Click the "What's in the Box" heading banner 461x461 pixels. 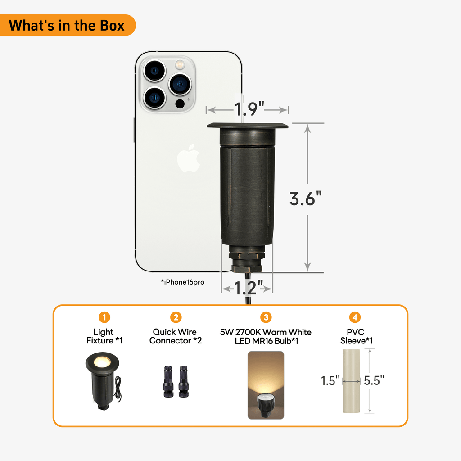67,25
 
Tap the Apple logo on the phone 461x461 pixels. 189,158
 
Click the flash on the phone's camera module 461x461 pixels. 180,64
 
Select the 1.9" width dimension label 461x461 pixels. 249,109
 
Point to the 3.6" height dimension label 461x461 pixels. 306,199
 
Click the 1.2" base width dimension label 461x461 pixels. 249,288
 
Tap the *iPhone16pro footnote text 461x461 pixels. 183,282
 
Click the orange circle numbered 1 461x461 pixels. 104,317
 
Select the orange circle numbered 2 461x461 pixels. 176,317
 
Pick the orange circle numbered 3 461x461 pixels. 266,317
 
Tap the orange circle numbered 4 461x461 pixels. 355,317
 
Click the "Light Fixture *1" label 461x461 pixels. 104,336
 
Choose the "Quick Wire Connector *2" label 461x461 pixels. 176,336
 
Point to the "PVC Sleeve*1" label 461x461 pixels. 357,336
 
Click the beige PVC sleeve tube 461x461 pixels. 351,381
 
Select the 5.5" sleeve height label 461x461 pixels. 374,380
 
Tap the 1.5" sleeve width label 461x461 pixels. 330,380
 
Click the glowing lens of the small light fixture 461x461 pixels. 102,362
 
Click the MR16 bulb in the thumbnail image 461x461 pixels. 266,405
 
